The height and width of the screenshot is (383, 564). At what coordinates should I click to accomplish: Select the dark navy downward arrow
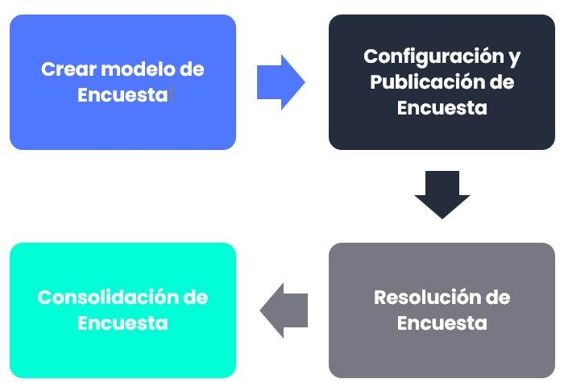[x=442, y=194]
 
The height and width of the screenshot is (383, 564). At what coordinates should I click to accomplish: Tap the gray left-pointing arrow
[x=284, y=310]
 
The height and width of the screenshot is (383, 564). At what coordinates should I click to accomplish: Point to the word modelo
[x=137, y=69]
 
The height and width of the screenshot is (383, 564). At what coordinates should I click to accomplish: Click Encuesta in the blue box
[x=122, y=95]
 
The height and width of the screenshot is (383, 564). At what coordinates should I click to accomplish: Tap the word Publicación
[x=419, y=82]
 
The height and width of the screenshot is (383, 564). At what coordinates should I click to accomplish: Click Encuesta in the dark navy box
[x=442, y=108]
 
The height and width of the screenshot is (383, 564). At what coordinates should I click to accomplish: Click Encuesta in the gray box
[x=442, y=323]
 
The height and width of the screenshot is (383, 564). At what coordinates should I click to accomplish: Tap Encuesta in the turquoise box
[x=122, y=323]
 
